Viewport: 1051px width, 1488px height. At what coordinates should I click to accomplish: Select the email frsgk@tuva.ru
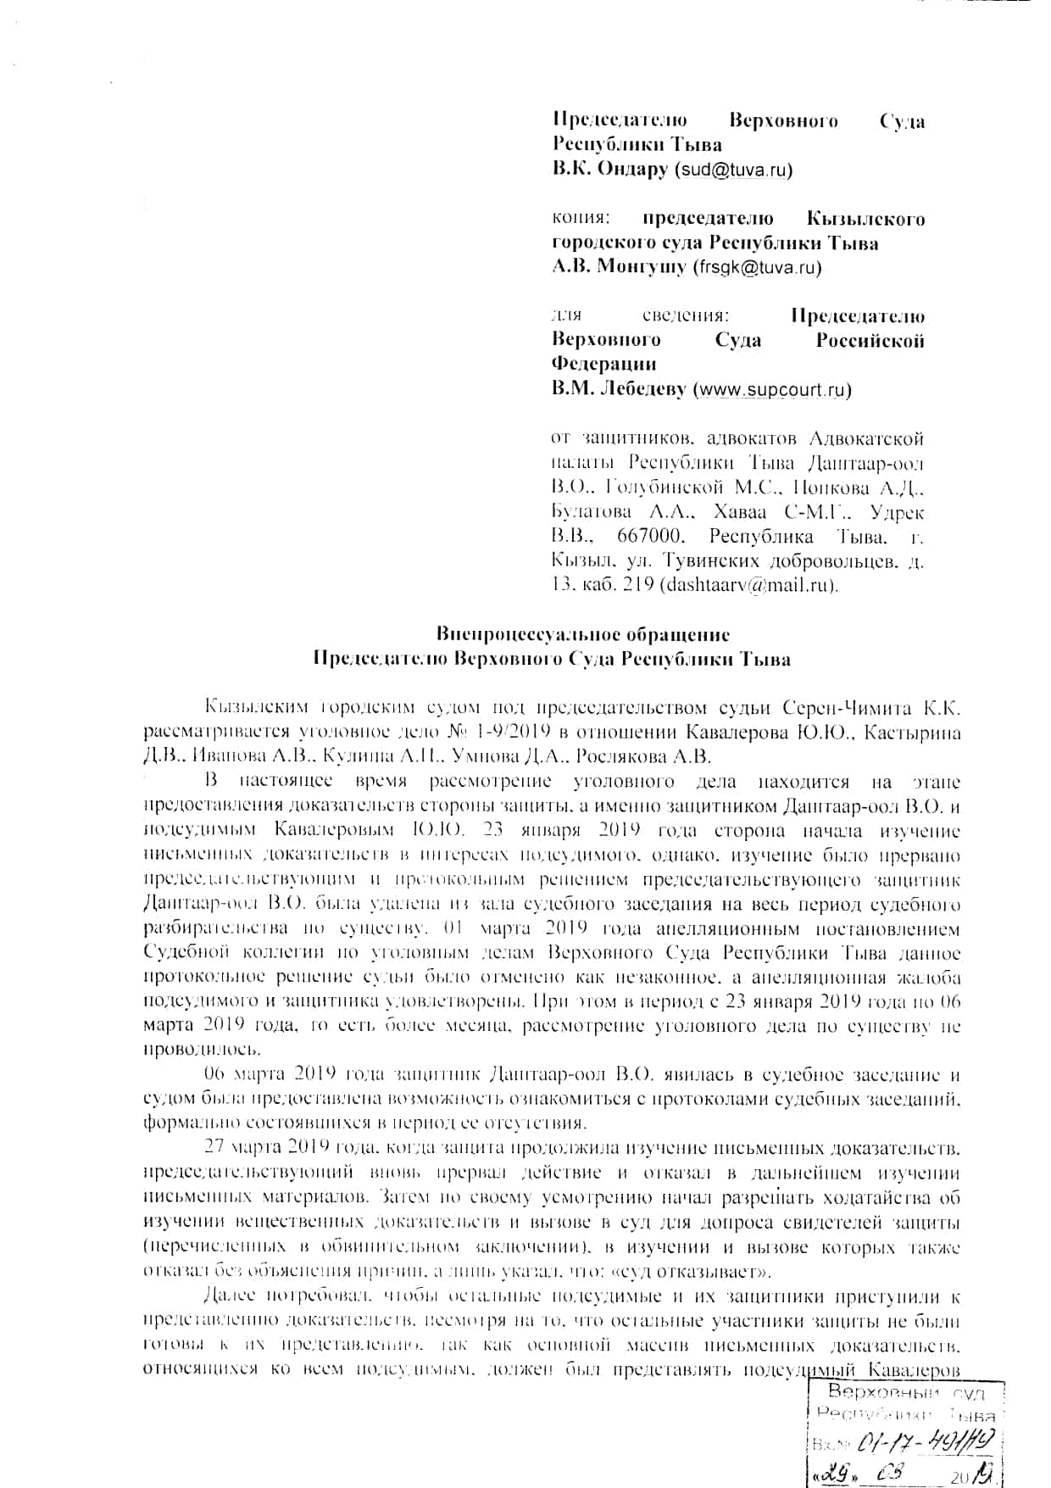pyautogui.click(x=757, y=268)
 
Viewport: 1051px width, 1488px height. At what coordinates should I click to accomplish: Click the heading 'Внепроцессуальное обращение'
pyautogui.click(x=582, y=634)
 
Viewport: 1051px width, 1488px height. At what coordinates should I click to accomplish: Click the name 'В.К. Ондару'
pyautogui.click(x=610, y=170)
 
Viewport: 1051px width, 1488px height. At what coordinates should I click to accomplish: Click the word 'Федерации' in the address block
pyautogui.click(x=604, y=365)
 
